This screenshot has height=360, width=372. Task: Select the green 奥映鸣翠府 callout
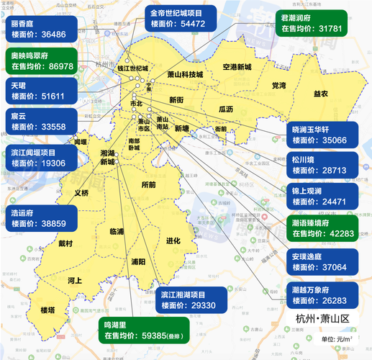click(x=44, y=60)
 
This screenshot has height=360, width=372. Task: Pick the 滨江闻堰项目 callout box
click(x=44, y=158)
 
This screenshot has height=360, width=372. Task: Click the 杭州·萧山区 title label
click(x=322, y=318)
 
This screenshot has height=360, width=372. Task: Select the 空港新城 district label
click(x=237, y=67)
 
